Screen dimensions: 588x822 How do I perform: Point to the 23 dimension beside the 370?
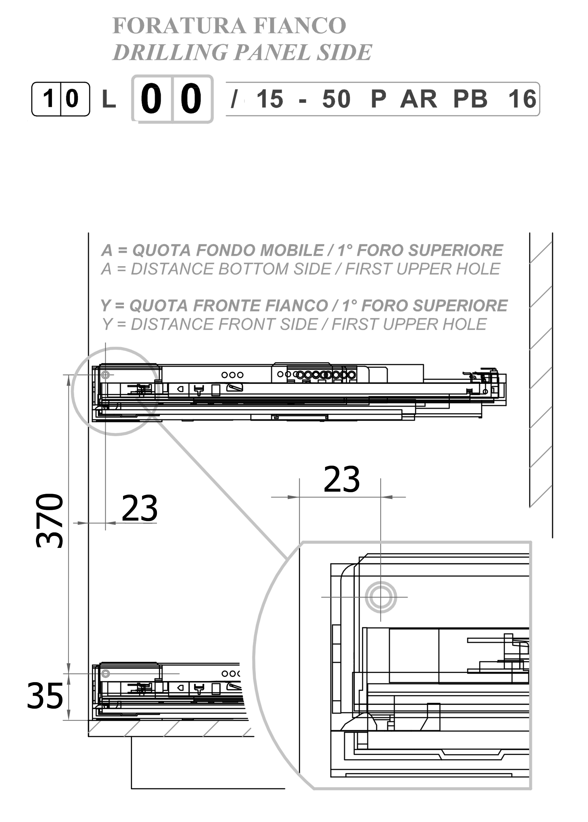(139, 509)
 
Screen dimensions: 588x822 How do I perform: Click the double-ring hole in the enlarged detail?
(381, 597)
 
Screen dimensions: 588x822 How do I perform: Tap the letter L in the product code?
(109, 99)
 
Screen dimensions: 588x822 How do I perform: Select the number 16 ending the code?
(522, 99)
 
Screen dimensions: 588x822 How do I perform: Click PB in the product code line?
(470, 99)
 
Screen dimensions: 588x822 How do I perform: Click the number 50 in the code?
(336, 99)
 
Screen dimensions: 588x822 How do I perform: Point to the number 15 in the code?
(270, 99)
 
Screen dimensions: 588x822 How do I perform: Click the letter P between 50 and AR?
(378, 99)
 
